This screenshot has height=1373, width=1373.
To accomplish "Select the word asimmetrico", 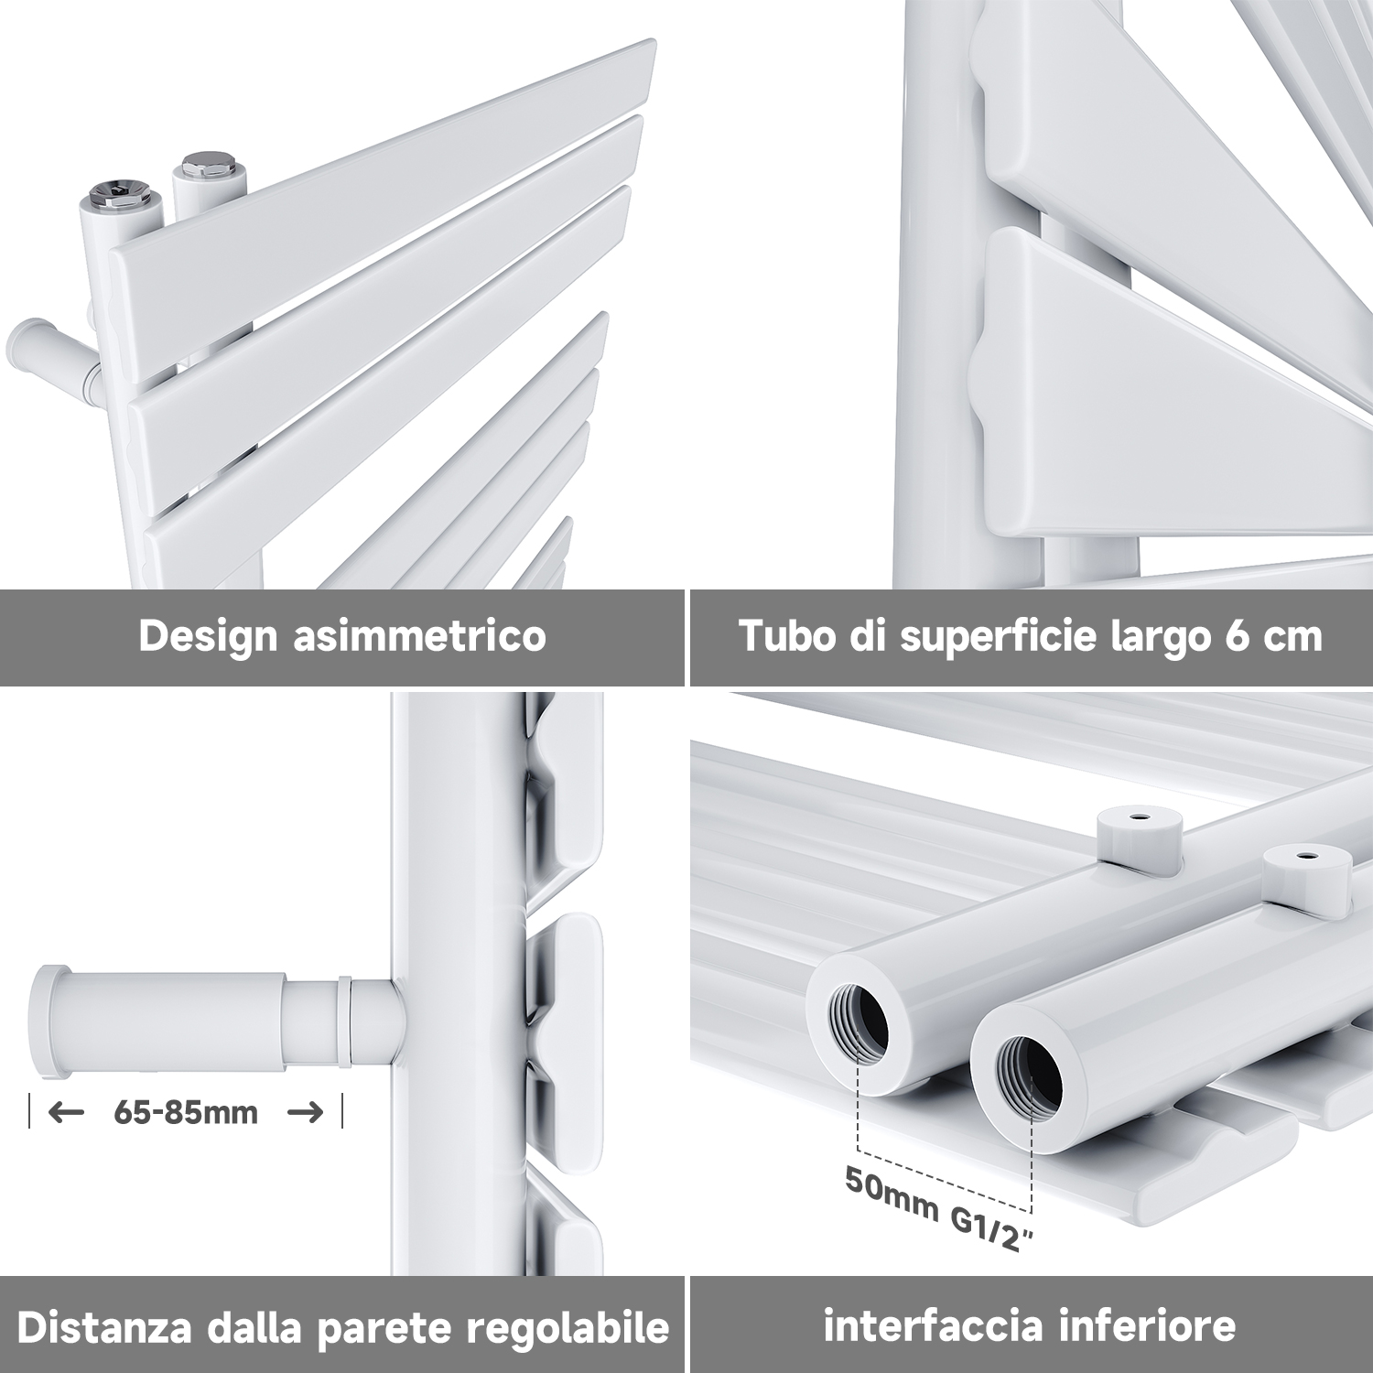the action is click(x=419, y=635).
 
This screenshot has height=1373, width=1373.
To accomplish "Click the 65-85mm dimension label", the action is click(x=186, y=1112).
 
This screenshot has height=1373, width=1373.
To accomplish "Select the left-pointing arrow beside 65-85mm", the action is click(x=65, y=1112).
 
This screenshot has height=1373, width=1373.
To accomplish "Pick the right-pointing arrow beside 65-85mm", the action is click(x=306, y=1112).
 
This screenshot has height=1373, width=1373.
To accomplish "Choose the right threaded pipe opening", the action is click(x=1029, y=1072).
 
